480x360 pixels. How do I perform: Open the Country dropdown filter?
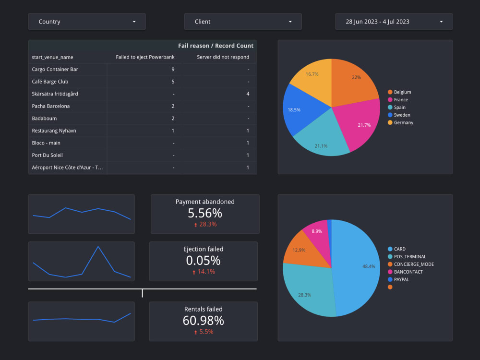tap(87, 22)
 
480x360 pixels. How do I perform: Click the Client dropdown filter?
tap(243, 22)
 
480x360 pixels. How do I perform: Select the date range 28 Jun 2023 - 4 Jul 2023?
tap(394, 22)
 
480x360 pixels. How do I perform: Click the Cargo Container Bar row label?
tap(55, 69)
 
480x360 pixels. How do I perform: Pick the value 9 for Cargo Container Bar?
tap(173, 69)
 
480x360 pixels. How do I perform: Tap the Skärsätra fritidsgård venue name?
tap(55, 94)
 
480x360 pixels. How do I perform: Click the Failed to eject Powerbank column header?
tap(145, 57)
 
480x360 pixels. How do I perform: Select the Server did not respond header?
tap(223, 57)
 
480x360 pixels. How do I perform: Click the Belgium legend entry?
tap(402, 92)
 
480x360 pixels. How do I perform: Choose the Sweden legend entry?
tap(402, 115)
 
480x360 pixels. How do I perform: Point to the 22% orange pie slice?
tap(356, 82)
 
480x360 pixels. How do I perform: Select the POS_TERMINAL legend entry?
tap(409, 257)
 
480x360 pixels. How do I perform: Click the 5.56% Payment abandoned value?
tap(205, 214)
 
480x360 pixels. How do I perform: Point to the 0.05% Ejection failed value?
tap(203, 261)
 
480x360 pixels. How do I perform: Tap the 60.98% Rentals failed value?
tap(203, 321)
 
